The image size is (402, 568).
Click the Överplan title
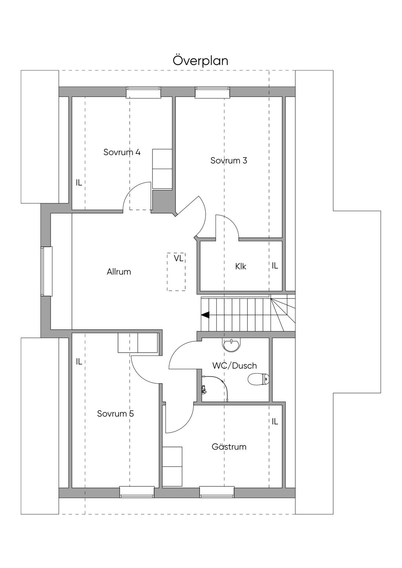point(200,61)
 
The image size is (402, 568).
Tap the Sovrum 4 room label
point(122,152)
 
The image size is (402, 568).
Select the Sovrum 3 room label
point(228,160)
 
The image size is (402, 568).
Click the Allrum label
point(119,271)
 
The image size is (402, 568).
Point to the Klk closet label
point(241,266)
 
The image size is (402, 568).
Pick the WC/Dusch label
point(234,366)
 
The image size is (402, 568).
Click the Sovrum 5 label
point(115,413)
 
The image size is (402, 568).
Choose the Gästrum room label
point(229,446)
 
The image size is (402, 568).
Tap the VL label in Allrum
point(179,259)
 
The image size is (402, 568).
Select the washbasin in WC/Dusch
point(232,344)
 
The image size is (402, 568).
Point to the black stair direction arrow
point(205,315)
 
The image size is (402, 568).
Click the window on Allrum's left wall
point(46,271)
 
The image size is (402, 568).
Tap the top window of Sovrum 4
point(143,92)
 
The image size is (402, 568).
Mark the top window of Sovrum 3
point(213,92)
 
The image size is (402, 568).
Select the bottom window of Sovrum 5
point(137,492)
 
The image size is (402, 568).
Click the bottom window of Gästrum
point(217,492)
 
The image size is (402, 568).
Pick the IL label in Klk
point(275,266)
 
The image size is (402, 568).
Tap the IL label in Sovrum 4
point(79,182)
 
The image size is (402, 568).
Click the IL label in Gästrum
point(275,421)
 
